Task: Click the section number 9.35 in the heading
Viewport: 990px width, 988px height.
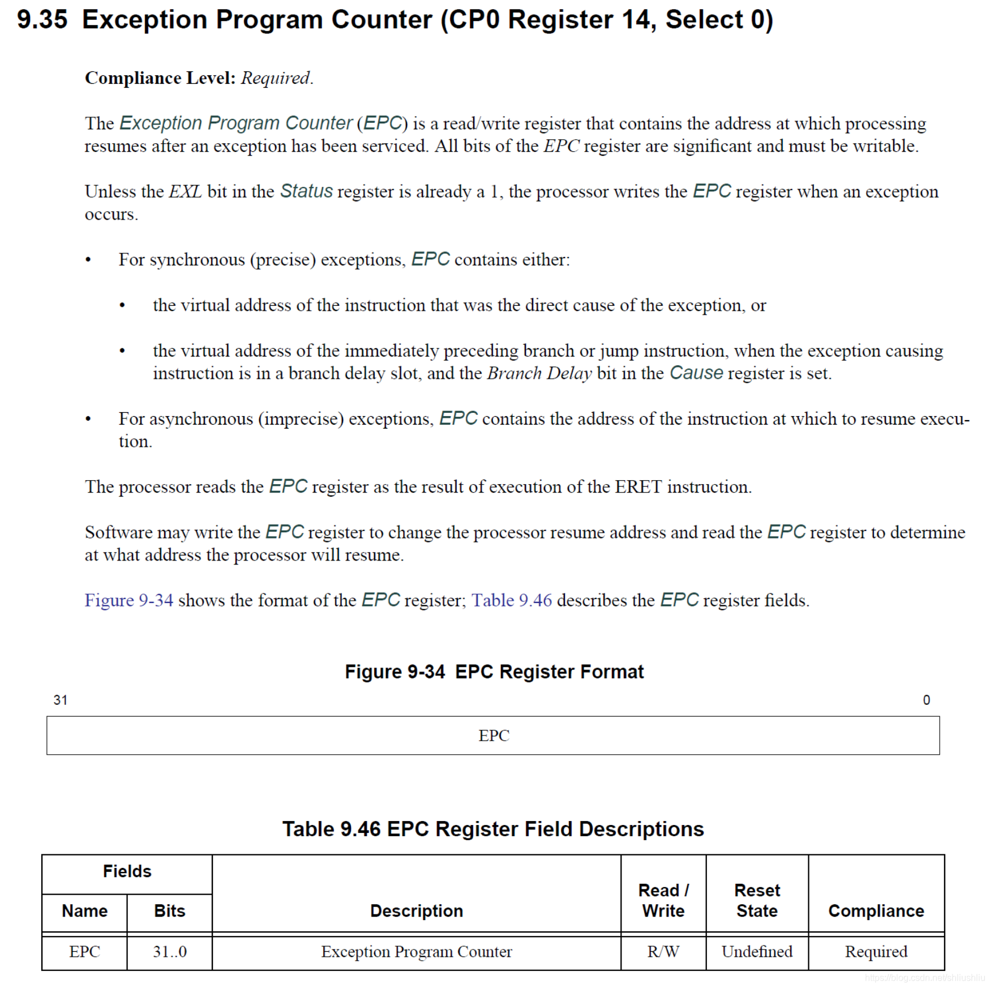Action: click(x=42, y=20)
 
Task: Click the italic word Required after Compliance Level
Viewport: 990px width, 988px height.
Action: click(x=276, y=78)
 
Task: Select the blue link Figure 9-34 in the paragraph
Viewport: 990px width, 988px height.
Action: click(x=128, y=600)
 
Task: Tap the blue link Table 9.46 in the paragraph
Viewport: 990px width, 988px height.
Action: click(x=512, y=600)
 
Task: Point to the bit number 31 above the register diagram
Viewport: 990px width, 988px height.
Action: click(x=61, y=700)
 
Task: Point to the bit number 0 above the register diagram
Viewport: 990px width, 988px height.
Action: click(x=926, y=700)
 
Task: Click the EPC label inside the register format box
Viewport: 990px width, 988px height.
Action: click(x=494, y=735)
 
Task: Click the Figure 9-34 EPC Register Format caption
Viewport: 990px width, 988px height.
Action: click(x=494, y=672)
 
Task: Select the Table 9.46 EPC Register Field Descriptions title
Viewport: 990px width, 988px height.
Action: click(x=493, y=829)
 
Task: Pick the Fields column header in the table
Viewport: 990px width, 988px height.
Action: click(x=127, y=871)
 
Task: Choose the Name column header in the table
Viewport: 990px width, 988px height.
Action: click(x=84, y=911)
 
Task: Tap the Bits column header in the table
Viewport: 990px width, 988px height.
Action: click(x=169, y=911)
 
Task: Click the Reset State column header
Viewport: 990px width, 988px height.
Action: click(x=757, y=901)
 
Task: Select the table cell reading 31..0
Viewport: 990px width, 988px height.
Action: click(x=169, y=952)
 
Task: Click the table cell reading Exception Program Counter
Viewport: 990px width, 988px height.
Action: click(x=416, y=952)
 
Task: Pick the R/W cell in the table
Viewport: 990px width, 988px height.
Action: click(x=663, y=952)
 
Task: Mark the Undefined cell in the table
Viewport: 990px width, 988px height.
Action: click(x=757, y=952)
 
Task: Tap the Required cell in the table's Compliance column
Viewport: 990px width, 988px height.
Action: click(x=876, y=952)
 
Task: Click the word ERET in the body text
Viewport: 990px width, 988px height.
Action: click(x=638, y=487)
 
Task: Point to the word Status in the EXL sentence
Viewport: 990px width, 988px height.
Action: click(x=306, y=191)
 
